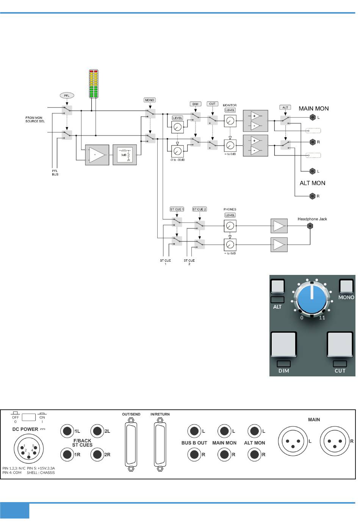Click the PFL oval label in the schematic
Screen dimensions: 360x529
67,95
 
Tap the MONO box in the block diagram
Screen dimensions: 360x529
150,100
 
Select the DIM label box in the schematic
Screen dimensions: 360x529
196,104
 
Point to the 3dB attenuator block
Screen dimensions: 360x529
125,154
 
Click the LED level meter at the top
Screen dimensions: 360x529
94,84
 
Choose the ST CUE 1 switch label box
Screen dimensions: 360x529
177,209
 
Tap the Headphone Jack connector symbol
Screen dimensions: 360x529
310,226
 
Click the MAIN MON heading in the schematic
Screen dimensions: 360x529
314,109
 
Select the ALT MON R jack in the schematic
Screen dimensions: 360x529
313,196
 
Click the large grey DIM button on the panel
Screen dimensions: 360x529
284,345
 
